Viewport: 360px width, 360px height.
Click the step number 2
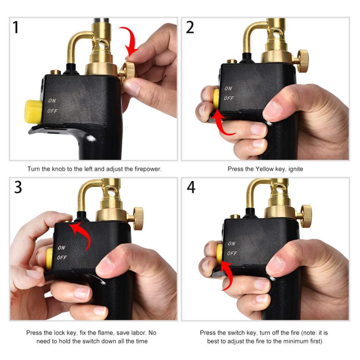tap(190, 27)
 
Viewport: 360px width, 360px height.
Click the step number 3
tap(18, 187)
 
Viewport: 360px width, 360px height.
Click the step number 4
tap(191, 187)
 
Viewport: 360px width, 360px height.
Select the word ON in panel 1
tap(52, 101)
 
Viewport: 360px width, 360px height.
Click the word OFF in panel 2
tap(229, 98)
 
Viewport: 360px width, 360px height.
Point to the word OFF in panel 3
tap(62, 258)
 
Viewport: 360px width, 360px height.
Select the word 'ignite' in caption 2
tap(296, 169)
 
